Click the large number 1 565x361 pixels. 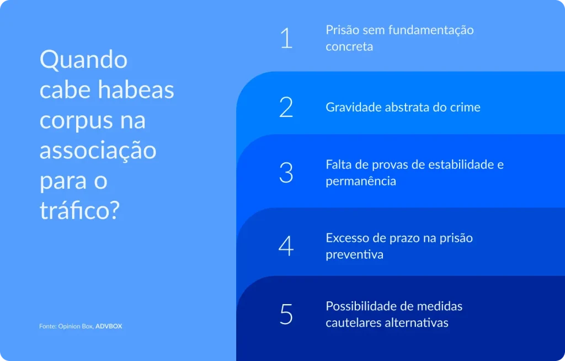click(x=286, y=38)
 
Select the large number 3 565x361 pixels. click(x=286, y=172)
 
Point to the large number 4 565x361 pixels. click(x=286, y=246)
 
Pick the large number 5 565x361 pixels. click(x=286, y=314)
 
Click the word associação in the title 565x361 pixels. click(x=98, y=151)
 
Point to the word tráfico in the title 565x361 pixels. click(x=79, y=211)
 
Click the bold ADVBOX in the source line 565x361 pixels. click(x=109, y=326)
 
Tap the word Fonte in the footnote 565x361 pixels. click(x=47, y=326)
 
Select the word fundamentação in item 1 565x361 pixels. click(x=431, y=30)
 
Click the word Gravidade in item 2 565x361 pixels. click(x=353, y=107)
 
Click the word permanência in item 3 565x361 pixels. click(x=360, y=181)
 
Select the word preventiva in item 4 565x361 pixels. click(x=354, y=254)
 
